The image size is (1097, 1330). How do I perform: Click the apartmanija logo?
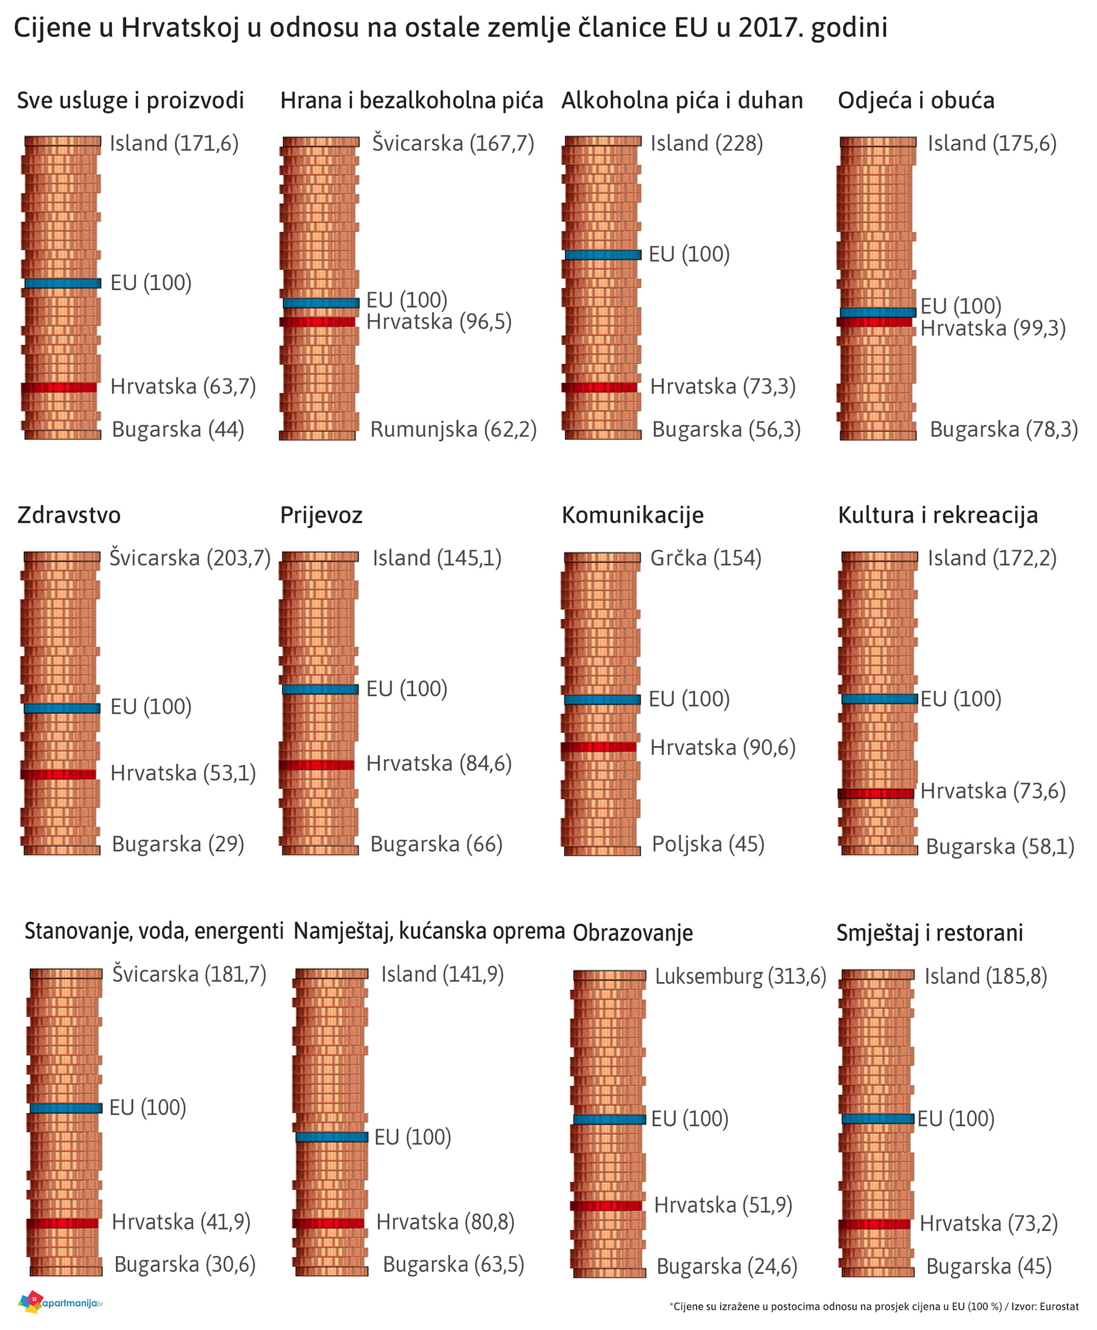(60, 1302)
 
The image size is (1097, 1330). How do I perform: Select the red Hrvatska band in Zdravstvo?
(59, 774)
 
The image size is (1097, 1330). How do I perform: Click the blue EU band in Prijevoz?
(320, 689)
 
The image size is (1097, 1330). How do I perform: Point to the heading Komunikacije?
(632, 516)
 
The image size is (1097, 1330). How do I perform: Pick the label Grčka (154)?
(705, 558)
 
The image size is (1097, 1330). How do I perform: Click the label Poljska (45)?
(708, 844)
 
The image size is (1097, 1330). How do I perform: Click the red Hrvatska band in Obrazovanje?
(607, 1206)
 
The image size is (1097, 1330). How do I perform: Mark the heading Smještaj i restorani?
(929, 932)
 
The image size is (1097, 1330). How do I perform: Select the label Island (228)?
(706, 144)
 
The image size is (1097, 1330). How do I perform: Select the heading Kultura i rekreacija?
(937, 516)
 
